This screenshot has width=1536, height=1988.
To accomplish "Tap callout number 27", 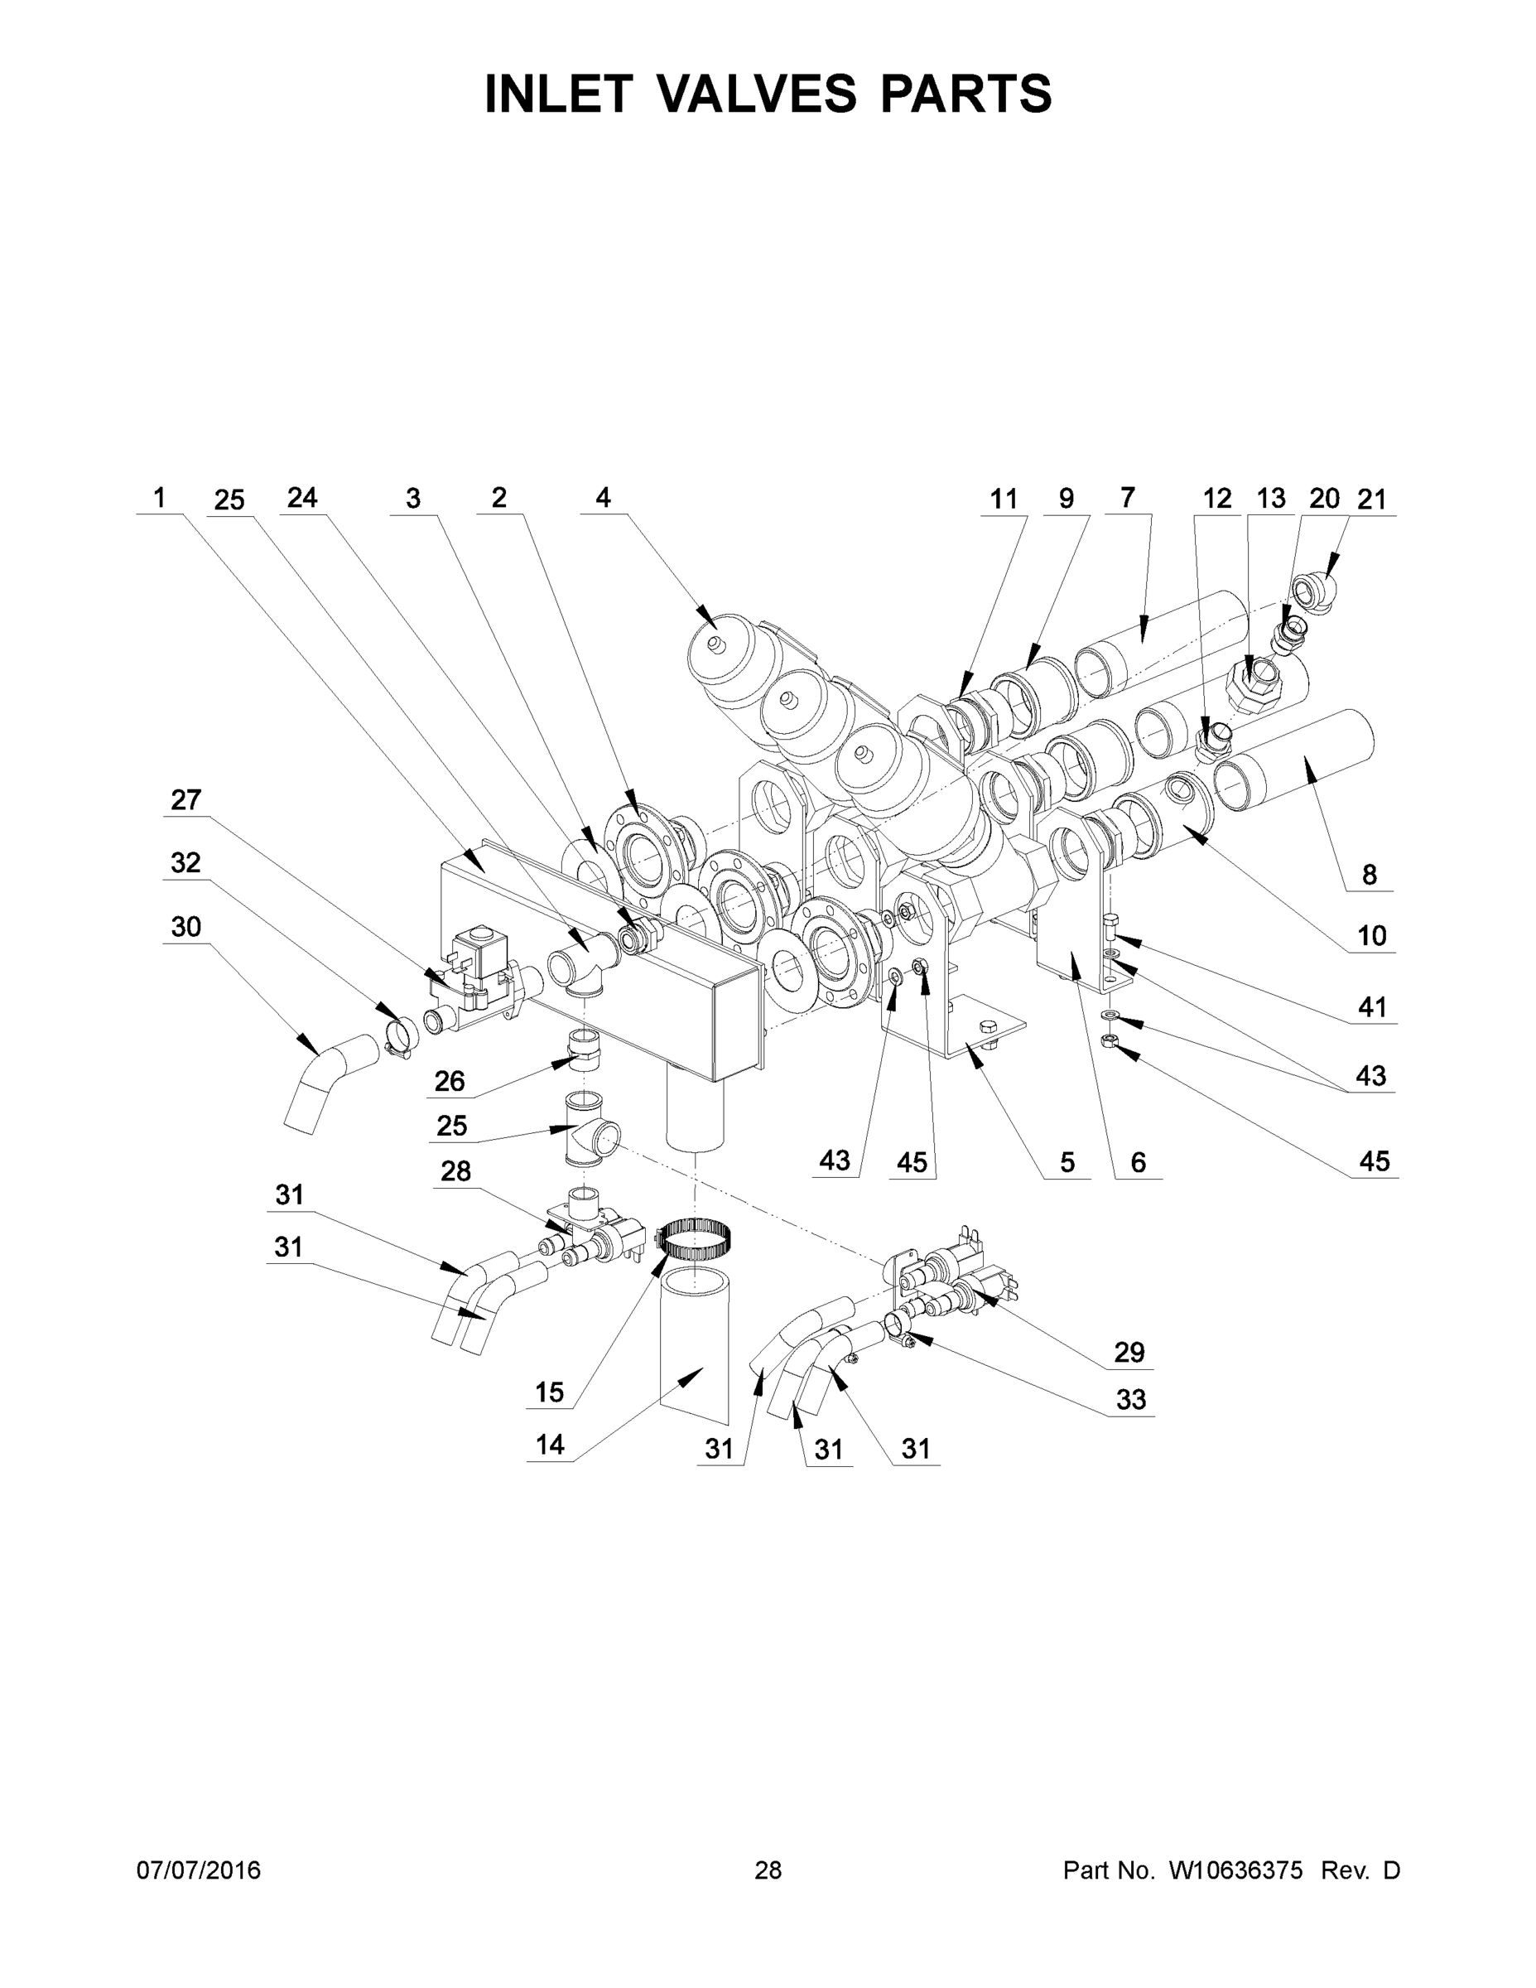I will [185, 799].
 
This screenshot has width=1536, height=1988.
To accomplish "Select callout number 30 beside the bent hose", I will [185, 927].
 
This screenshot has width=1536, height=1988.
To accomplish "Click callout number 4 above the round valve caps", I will [602, 497].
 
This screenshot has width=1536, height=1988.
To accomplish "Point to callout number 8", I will [1370, 875].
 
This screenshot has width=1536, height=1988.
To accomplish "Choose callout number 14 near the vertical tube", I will [550, 1445].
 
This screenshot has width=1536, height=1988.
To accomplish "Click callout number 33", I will [1130, 1399].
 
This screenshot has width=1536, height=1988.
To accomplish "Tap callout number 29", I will [1129, 1352].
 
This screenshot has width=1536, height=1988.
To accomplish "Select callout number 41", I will [1371, 1006].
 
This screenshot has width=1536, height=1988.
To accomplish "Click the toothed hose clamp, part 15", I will [696, 1239].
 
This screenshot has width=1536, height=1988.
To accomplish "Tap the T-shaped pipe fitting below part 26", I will [588, 1129].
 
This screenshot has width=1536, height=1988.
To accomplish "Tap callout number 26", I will [450, 1080].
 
